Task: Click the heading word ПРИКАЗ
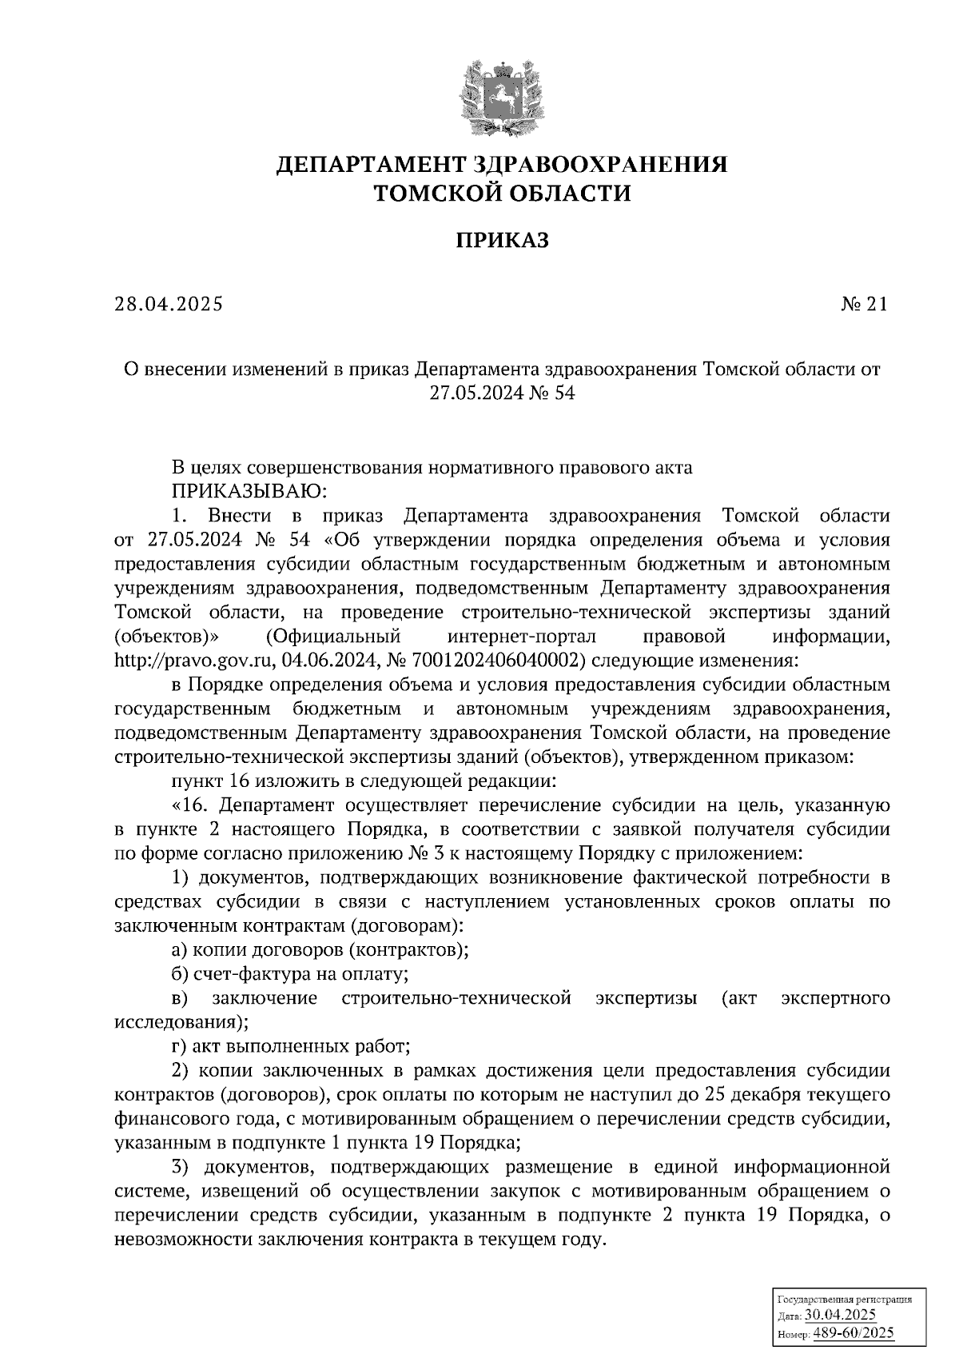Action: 503,240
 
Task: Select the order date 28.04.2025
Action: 169,304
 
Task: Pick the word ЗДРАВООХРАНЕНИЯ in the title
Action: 601,165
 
